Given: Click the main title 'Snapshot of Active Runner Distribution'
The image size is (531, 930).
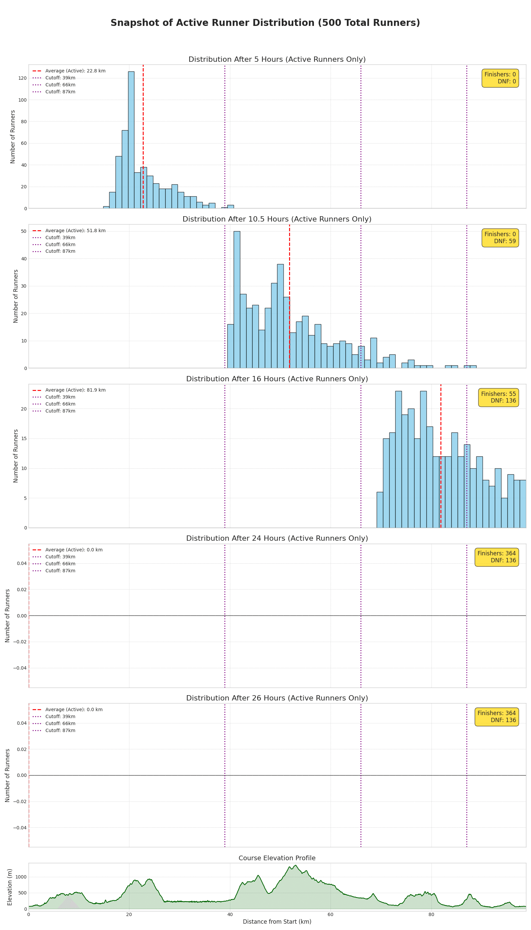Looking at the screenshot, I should pyautogui.click(x=265, y=23).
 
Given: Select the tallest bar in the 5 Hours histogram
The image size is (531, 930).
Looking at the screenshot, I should pyautogui.click(x=131, y=140).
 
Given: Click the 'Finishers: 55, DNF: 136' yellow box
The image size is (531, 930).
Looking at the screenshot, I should pyautogui.click(x=498, y=397).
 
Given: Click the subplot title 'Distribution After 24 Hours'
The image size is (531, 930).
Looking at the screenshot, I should pyautogui.click(x=277, y=538).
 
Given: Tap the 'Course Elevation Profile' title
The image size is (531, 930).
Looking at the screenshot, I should pyautogui.click(x=277, y=858).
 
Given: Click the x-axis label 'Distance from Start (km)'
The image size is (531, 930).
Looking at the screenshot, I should pyautogui.click(x=277, y=922).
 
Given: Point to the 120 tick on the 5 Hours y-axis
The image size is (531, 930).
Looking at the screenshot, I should pyautogui.click(x=22, y=78).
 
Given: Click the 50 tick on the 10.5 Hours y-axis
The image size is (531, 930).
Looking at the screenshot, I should pyautogui.click(x=24, y=232).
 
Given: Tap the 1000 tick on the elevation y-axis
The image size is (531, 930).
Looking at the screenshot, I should pyautogui.click(x=21, y=877).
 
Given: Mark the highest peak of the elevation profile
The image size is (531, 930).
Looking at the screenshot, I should pyautogui.click(x=295, y=865).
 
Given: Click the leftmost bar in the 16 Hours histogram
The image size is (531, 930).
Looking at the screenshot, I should pyautogui.click(x=380, y=510).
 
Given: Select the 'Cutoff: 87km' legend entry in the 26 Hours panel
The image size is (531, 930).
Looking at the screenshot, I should pyautogui.click(x=60, y=730).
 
